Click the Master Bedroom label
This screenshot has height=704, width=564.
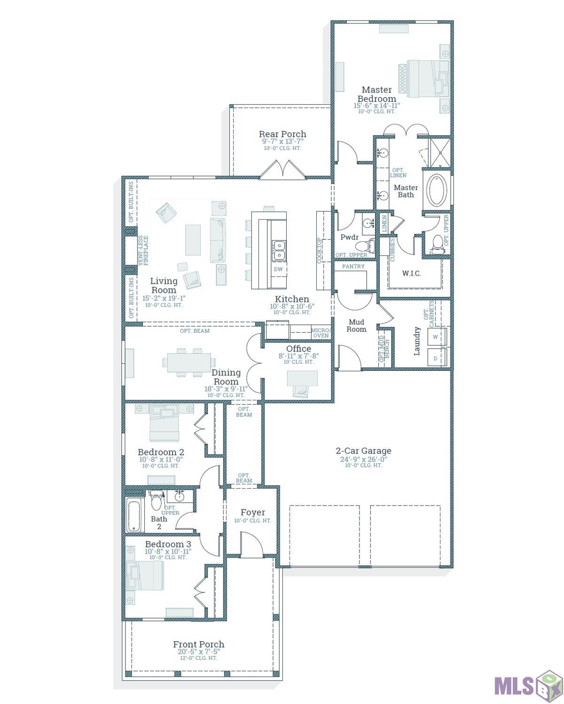376,94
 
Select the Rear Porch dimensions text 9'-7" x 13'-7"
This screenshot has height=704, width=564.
282,141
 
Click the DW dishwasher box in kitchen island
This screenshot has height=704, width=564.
278,269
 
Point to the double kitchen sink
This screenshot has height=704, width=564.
278,250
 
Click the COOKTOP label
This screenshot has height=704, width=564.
320,250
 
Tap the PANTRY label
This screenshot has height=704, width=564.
353,267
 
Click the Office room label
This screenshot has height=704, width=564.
298,349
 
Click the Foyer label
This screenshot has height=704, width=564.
253,513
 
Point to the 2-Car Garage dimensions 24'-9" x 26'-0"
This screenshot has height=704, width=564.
363,459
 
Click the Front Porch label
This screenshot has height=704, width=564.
198,644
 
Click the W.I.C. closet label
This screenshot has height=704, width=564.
411,273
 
